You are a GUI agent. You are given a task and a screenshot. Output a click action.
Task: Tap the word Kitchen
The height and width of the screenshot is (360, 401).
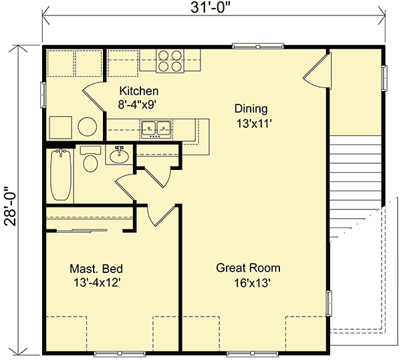138,91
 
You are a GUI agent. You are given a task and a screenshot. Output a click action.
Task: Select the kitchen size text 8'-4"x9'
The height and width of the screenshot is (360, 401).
138,104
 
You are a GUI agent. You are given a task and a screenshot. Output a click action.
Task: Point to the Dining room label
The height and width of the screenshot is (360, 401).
251,108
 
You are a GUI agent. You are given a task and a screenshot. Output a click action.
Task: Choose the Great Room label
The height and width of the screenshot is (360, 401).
248,268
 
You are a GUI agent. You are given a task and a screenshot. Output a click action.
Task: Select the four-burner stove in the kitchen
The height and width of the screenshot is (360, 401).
171,61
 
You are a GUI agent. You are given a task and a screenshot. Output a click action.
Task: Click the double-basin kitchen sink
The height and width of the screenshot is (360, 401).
157,127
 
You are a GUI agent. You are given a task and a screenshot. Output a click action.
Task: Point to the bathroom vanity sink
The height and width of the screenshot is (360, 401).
119,157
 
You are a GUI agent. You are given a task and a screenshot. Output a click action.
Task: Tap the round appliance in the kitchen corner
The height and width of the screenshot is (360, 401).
86,126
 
